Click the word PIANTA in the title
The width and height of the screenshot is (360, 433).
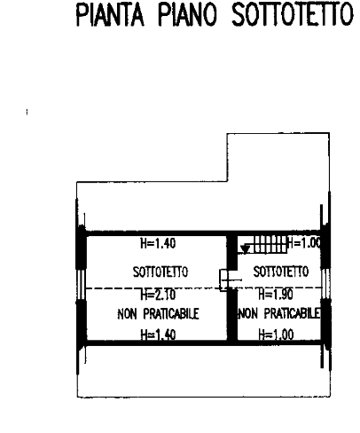(x=110, y=14)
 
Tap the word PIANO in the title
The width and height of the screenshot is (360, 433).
(x=187, y=14)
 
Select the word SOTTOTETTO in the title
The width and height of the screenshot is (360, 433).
(x=293, y=14)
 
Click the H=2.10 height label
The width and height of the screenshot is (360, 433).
(x=158, y=295)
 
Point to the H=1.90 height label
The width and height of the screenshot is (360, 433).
(x=276, y=295)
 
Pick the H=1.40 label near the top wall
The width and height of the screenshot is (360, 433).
(x=158, y=243)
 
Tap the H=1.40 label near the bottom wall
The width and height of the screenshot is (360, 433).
(x=158, y=335)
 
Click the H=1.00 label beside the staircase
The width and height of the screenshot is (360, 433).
(x=304, y=243)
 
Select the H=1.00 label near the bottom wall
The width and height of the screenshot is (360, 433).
(x=276, y=335)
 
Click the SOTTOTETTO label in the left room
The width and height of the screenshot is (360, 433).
(x=160, y=272)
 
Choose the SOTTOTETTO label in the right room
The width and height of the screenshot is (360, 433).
(x=281, y=272)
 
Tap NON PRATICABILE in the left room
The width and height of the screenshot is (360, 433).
(x=158, y=314)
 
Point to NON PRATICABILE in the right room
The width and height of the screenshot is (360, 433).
(x=279, y=313)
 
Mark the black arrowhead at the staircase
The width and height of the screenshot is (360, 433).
(x=245, y=249)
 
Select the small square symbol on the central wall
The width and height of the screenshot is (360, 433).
(x=223, y=279)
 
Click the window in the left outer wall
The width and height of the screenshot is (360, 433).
(x=81, y=284)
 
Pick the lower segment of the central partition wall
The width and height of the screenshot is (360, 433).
(x=232, y=315)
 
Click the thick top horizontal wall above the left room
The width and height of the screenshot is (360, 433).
(x=156, y=233)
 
